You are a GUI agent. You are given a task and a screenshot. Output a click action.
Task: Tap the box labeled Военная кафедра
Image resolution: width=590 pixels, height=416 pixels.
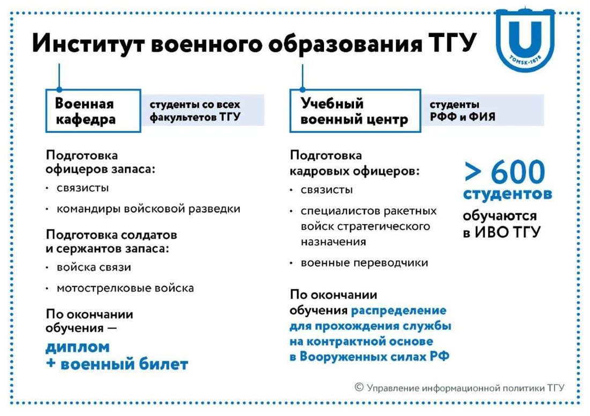pyautogui.click(x=92, y=111)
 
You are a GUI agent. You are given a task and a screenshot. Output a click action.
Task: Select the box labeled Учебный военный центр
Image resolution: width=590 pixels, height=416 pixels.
pyautogui.click(x=355, y=111)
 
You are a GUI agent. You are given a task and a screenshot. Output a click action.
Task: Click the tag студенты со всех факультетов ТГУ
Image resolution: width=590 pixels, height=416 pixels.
pyautogui.click(x=202, y=111)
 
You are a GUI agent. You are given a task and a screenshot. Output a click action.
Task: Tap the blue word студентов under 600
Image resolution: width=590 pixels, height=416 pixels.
pyautogui.click(x=507, y=194)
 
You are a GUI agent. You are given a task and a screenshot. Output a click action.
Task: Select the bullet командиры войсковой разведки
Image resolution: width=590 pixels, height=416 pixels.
pyautogui.click(x=148, y=209)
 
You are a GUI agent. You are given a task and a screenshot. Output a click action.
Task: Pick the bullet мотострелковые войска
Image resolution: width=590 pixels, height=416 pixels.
pyautogui.click(x=125, y=288)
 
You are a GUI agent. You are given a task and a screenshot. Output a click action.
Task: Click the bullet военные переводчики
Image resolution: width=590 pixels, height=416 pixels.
pyautogui.click(x=364, y=263)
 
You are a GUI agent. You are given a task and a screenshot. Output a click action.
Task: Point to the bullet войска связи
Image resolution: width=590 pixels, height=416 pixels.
pyautogui.click(x=94, y=268)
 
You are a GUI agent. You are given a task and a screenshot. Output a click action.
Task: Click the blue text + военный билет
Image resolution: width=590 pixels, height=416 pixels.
pyautogui.click(x=117, y=365)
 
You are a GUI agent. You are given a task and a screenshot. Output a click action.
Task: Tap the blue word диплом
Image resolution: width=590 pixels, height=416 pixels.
pyautogui.click(x=78, y=347)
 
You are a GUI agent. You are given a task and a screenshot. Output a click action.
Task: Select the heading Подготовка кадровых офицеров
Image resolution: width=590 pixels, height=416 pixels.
pyautogui.click(x=355, y=164)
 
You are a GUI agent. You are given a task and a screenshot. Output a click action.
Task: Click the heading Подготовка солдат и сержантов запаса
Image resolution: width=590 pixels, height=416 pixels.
pyautogui.click(x=111, y=242)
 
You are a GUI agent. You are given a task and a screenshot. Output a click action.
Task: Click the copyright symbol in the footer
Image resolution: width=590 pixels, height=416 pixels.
pyautogui.click(x=359, y=387)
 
